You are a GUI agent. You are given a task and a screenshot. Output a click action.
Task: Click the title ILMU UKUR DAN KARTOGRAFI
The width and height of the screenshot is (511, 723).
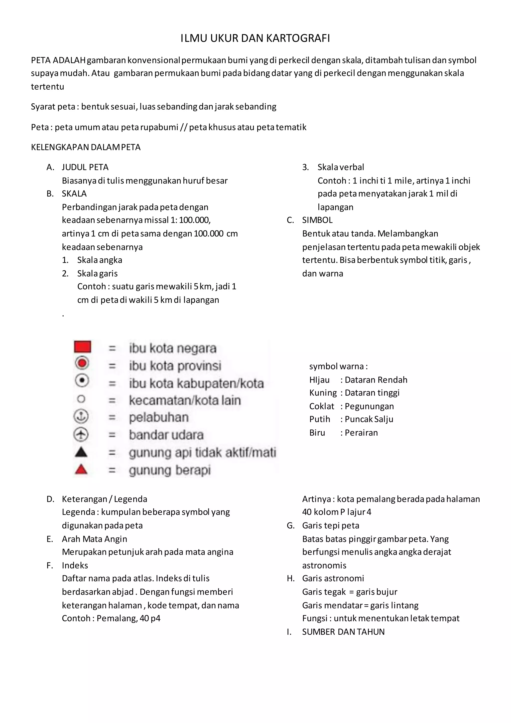(255, 38)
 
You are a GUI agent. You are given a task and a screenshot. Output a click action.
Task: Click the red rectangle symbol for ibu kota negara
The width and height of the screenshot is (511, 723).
(82, 347)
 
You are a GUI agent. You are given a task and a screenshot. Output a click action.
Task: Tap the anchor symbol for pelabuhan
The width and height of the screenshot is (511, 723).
(81, 417)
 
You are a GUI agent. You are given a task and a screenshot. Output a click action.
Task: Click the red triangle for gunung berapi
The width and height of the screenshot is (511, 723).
(81, 470)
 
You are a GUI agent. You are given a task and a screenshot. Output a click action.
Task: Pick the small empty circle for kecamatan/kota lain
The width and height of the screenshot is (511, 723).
(81, 399)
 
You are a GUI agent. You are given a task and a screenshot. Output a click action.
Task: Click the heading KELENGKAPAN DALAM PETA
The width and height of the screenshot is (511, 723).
(86, 147)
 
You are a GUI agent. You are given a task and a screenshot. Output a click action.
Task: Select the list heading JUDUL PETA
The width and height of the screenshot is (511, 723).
(85, 167)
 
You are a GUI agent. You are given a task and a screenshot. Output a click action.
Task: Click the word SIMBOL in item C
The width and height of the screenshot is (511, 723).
(317, 220)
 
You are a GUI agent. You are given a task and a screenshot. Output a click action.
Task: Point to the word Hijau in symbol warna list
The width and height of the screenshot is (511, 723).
(319, 380)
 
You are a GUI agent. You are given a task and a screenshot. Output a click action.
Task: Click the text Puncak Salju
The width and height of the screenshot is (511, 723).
(369, 419)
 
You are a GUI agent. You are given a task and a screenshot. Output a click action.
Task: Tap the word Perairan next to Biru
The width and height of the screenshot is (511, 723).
(361, 433)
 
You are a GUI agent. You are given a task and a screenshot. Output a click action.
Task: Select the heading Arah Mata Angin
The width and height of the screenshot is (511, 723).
(94, 539)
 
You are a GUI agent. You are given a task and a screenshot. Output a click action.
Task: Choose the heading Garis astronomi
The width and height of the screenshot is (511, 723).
(333, 578)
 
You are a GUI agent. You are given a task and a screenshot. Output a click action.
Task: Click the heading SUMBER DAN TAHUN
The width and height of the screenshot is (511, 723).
(343, 632)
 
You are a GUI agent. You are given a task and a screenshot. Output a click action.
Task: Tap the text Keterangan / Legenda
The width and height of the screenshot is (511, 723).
(105, 499)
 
